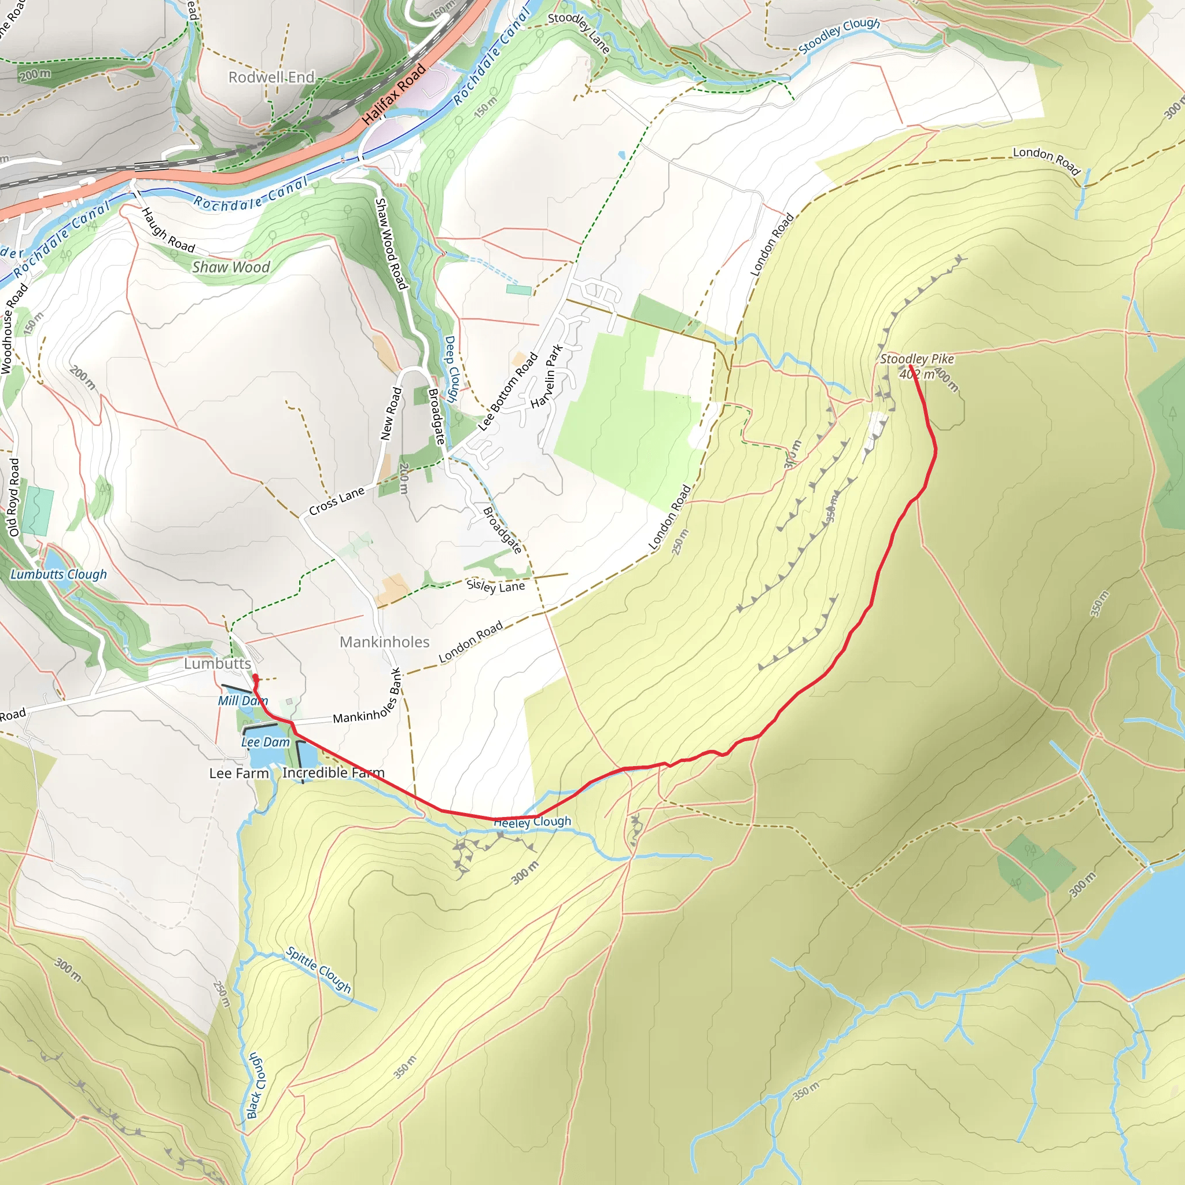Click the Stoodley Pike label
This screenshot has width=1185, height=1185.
click(917, 359)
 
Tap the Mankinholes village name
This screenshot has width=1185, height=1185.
click(385, 642)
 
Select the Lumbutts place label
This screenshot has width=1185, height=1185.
click(218, 664)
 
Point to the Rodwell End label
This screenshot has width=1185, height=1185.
click(271, 78)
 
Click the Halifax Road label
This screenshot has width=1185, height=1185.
click(394, 94)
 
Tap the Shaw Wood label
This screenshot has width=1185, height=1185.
click(231, 267)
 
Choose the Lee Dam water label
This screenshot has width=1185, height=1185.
click(266, 742)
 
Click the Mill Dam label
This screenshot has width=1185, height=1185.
click(243, 701)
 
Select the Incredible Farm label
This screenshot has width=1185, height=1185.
click(333, 773)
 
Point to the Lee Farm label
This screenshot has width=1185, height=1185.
click(238, 774)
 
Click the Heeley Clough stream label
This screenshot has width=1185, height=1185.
click(532, 822)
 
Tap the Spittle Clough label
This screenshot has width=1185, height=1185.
click(318, 970)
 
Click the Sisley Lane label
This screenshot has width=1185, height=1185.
click(496, 586)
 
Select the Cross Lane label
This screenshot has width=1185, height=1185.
click(337, 501)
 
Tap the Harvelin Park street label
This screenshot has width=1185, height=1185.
click(546, 377)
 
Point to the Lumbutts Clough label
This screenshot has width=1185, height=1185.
click(59, 574)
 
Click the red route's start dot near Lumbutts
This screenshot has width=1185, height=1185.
click(255, 677)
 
